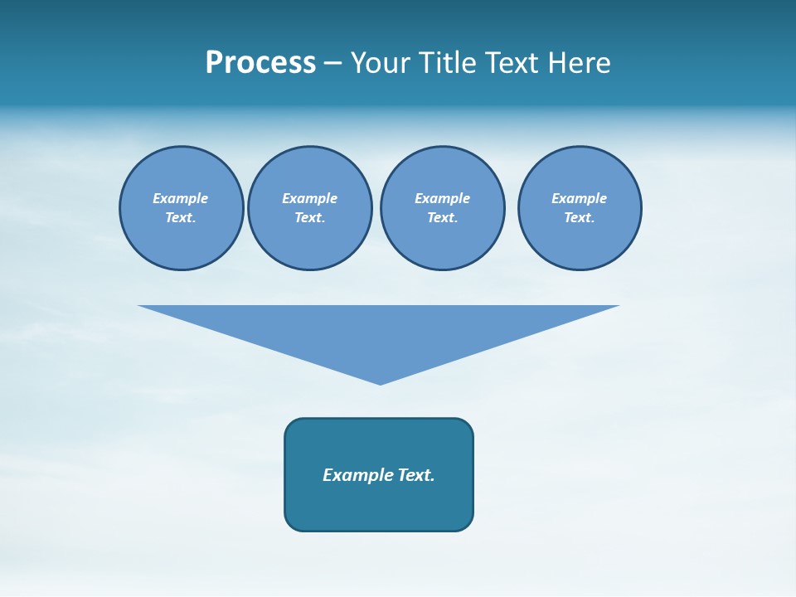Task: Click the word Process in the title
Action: pyautogui.click(x=260, y=63)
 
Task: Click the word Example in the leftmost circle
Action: pyautogui.click(x=181, y=198)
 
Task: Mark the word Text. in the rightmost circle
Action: pyautogui.click(x=579, y=217)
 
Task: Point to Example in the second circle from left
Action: pyautogui.click(x=309, y=198)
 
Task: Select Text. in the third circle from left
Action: pyautogui.click(x=442, y=217)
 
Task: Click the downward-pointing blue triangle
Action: pyautogui.click(x=379, y=332)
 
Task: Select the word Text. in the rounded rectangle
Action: pyautogui.click(x=415, y=475)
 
